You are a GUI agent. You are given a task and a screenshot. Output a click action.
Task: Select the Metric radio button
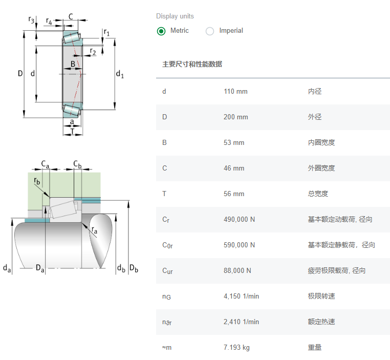point(161,31)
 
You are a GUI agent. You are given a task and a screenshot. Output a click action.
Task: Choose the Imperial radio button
point(210,31)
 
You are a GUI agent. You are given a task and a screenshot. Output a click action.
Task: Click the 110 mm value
point(235,92)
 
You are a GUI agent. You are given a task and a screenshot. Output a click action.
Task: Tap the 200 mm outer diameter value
point(235,117)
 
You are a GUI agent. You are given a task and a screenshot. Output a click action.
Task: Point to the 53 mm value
point(234,143)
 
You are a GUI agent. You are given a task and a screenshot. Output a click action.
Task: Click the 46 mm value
point(234,168)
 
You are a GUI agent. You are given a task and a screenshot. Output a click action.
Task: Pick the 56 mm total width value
point(234,194)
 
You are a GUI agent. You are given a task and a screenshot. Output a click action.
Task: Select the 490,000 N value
point(239,220)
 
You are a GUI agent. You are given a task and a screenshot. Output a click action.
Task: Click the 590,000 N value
point(239,245)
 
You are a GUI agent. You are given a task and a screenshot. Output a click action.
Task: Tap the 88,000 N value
point(237,271)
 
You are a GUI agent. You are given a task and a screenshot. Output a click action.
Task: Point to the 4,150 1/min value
point(241,297)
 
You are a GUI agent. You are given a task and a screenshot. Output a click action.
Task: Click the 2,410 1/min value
point(241,322)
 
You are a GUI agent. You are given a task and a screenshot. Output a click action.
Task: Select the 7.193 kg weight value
point(236,348)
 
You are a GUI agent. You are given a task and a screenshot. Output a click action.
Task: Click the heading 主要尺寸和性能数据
point(192,65)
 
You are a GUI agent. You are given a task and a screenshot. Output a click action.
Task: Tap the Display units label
point(175,16)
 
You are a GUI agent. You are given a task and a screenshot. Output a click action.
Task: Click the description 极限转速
point(321,297)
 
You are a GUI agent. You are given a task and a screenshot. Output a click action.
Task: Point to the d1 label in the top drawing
point(120,75)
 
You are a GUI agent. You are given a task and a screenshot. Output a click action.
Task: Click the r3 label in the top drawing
point(32,20)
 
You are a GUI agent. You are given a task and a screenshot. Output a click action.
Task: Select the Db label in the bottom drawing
point(134,268)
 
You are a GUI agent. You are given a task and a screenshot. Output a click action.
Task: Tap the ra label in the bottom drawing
point(94,231)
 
